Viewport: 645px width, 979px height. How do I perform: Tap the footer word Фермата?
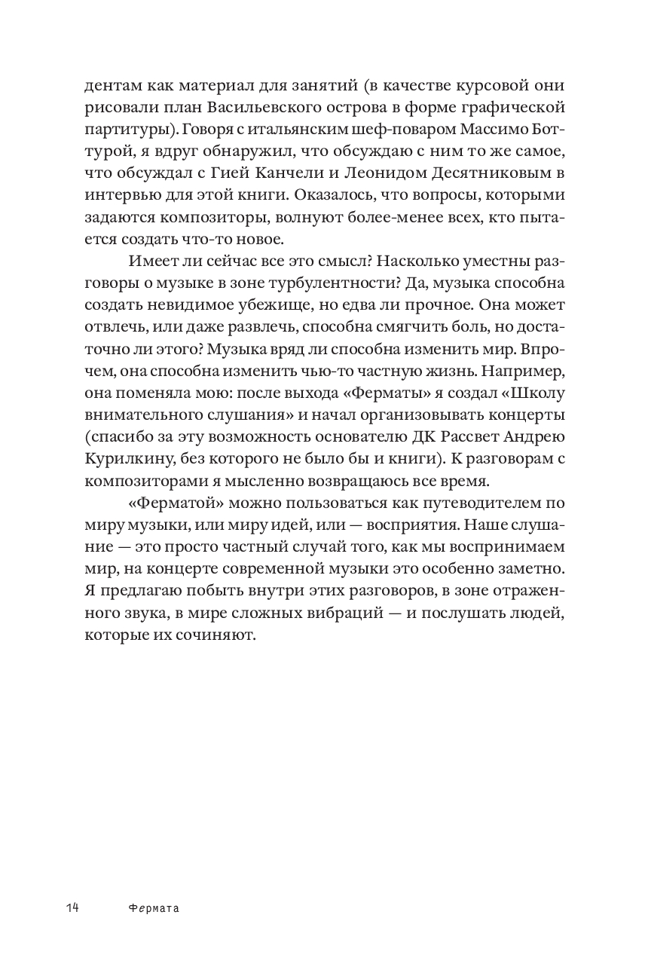pyautogui.click(x=154, y=908)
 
